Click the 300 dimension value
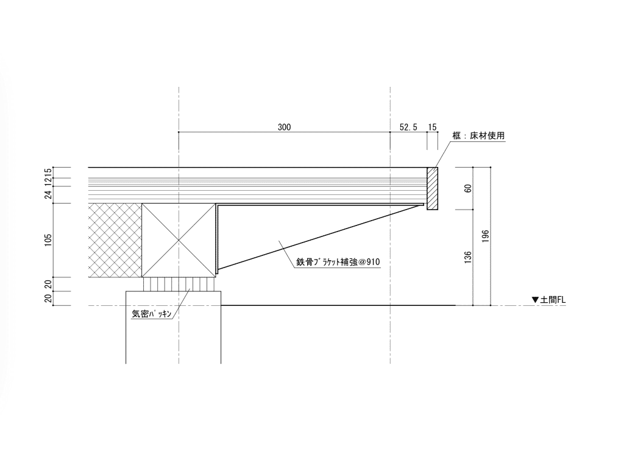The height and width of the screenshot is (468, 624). pyautogui.click(x=284, y=127)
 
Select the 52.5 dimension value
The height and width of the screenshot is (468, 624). pyautogui.click(x=408, y=127)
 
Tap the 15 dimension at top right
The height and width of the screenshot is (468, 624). pyautogui.click(x=432, y=127)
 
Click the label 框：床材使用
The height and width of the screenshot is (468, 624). pyautogui.click(x=478, y=135)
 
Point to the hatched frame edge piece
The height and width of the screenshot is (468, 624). pyautogui.click(x=432, y=188)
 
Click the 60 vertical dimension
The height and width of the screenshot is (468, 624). pyautogui.click(x=468, y=188)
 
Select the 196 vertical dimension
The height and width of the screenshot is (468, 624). pyautogui.click(x=485, y=236)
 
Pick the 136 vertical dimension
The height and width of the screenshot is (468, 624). pyautogui.click(x=468, y=258)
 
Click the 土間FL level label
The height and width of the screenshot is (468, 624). pyautogui.click(x=553, y=300)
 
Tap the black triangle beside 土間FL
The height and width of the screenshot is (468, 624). pyautogui.click(x=535, y=300)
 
